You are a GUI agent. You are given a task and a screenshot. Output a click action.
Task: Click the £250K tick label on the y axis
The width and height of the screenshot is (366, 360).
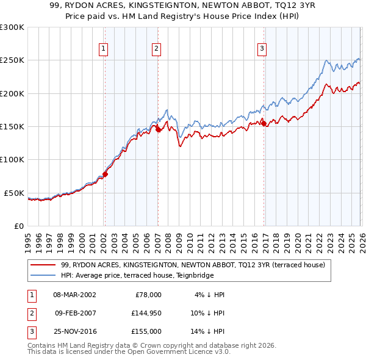[x=12, y=60]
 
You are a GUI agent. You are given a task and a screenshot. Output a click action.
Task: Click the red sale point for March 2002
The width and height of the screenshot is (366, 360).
[x=105, y=174]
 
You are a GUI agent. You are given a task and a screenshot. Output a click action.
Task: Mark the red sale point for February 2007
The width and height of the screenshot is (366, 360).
[x=158, y=129]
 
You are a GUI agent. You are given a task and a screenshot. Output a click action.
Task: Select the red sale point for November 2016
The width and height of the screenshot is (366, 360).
[x=264, y=123]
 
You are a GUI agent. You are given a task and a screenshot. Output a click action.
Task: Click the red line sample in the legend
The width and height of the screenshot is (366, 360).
[x=44, y=265]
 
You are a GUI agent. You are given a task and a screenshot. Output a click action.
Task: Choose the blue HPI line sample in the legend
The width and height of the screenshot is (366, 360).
[x=44, y=275]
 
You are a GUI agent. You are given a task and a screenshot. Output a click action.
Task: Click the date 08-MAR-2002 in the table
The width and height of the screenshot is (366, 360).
[x=74, y=295]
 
